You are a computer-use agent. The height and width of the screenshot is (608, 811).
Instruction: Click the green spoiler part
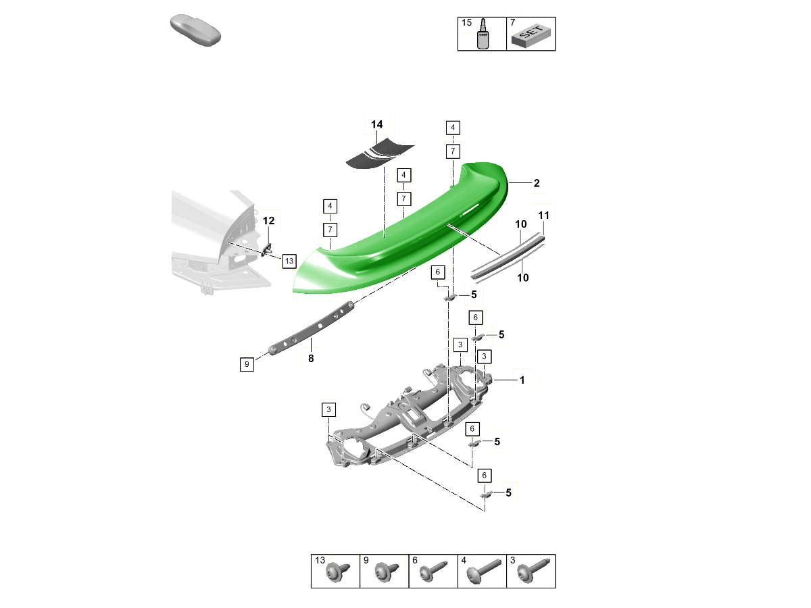pyautogui.click(x=399, y=236)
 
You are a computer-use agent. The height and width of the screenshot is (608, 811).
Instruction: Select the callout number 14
pyautogui.click(x=376, y=124)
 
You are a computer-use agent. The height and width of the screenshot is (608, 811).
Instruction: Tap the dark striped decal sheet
pyautogui.click(x=379, y=153)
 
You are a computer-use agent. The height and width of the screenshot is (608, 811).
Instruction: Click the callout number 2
pyautogui.click(x=537, y=183)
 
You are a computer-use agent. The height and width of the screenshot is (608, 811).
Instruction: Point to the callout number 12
pyautogui.click(x=268, y=221)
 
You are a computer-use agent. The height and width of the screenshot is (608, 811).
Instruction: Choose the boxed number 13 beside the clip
pyautogui.click(x=289, y=261)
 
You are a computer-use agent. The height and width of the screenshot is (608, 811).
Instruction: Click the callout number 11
pyautogui.click(x=543, y=216)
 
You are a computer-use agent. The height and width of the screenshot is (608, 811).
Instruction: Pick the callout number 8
pyautogui.click(x=311, y=358)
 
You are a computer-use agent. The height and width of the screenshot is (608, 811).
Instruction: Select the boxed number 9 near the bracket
pyautogui.click(x=247, y=364)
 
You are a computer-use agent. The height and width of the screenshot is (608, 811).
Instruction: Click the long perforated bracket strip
pyautogui.click(x=311, y=328)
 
